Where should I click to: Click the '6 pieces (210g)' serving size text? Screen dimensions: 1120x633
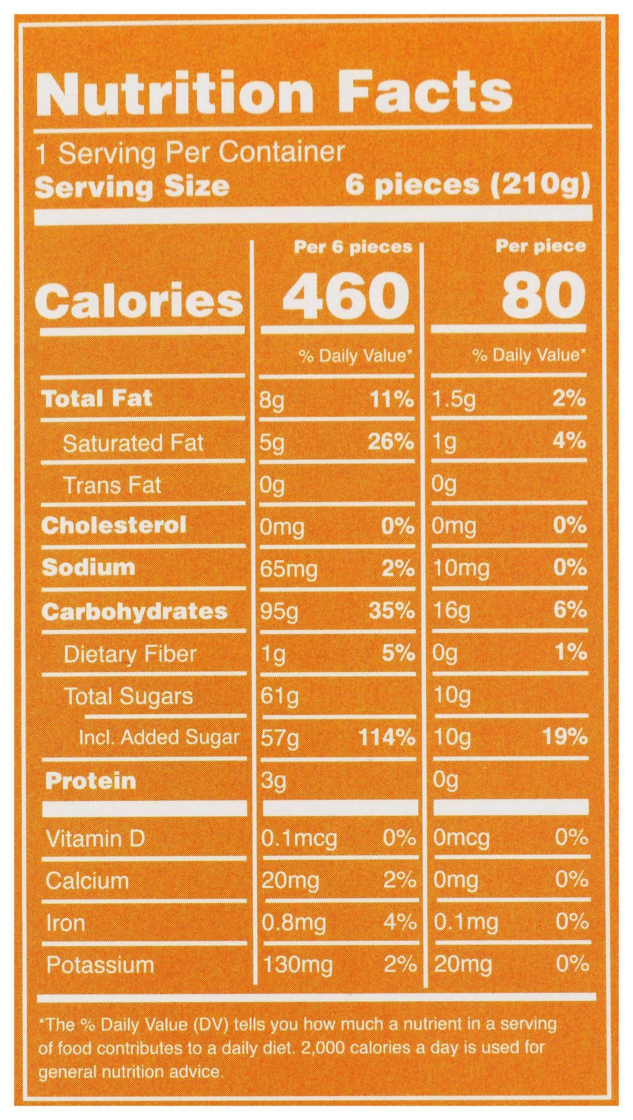[x=466, y=186]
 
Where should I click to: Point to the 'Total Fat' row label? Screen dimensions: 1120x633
[x=96, y=398]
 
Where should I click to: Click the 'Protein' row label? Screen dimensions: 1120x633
[x=91, y=781]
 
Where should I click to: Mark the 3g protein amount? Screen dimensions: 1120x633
[x=273, y=781]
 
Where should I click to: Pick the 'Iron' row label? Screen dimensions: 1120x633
[x=65, y=922]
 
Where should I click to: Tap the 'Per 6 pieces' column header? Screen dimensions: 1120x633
[x=352, y=247]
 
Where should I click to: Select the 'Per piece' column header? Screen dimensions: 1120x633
[x=540, y=247]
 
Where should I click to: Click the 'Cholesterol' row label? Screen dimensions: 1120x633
[x=113, y=525]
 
